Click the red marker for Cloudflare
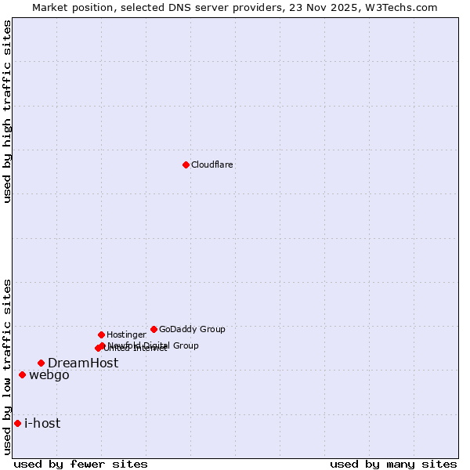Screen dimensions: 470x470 coord(186,164)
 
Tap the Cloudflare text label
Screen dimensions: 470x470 coord(212,165)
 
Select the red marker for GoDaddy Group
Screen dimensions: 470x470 coord(154,329)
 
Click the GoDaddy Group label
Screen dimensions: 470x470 coord(192,330)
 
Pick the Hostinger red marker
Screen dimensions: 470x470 coord(101,334)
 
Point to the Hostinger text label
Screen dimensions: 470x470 coord(126,335)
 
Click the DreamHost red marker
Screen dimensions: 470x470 coord(41,363)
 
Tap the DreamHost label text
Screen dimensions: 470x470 coord(83,363)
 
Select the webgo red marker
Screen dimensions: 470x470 coord(22,374)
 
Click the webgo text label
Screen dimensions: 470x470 coord(49,375)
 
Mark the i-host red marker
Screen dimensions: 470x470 coord(17,423)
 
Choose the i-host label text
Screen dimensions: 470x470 coord(42,424)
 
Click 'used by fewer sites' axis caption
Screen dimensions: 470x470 coord(81,464)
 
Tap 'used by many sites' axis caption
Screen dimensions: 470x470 coord(393,464)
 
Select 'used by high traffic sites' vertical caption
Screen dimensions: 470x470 coord(7,111)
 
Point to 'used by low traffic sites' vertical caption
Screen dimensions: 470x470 coord(7,366)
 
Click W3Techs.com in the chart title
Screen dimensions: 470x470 coord(405,7)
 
